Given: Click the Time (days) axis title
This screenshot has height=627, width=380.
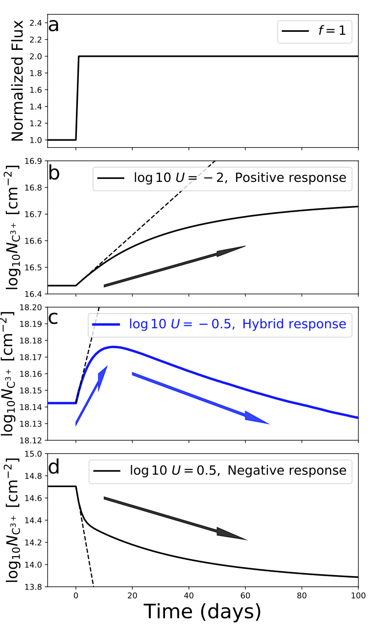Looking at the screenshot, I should tap(202, 611).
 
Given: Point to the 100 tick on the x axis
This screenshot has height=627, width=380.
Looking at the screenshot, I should tap(358, 595).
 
